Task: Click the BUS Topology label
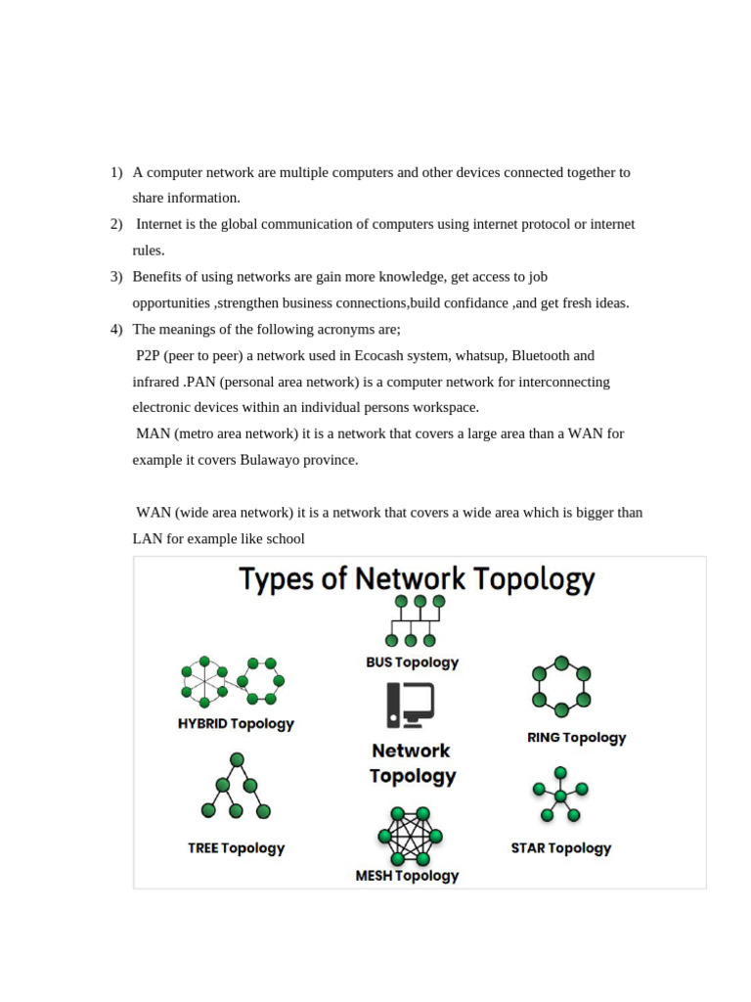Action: pyautogui.click(x=412, y=662)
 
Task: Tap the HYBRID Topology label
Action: pyautogui.click(x=236, y=724)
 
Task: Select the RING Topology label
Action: pyautogui.click(x=576, y=738)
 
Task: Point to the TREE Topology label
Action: pyautogui.click(x=236, y=848)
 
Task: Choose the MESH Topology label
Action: pyautogui.click(x=407, y=876)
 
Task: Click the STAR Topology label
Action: pyautogui.click(x=560, y=848)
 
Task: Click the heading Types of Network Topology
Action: pyautogui.click(x=418, y=578)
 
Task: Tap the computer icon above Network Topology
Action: pyautogui.click(x=411, y=705)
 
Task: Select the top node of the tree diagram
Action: pyautogui.click(x=237, y=760)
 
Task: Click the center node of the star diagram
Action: pyautogui.click(x=560, y=796)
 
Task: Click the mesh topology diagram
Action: pyautogui.click(x=410, y=836)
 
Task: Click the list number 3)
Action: pyautogui.click(x=116, y=277)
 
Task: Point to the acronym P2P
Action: pyautogui.click(x=150, y=355)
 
